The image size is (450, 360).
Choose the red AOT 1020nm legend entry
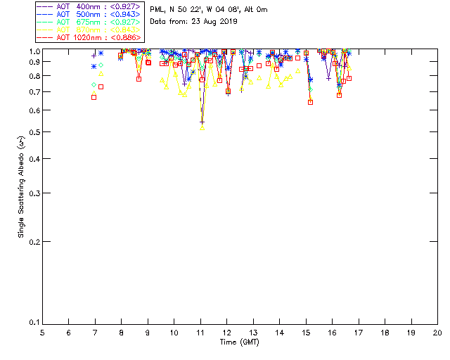click(x=87, y=37)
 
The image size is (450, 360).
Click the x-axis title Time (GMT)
click(x=240, y=342)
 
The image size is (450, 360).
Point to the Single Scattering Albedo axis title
click(x=21, y=186)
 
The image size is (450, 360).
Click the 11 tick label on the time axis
click(x=200, y=332)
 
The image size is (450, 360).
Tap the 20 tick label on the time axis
click(x=437, y=332)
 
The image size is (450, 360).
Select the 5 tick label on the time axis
click(x=42, y=332)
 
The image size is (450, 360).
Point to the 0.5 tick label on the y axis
click(x=33, y=132)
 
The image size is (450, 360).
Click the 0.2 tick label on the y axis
click(x=33, y=241)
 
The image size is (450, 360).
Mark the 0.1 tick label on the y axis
click(x=33, y=323)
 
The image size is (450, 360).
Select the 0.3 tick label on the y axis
click(x=33, y=193)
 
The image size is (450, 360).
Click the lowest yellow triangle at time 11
click(x=202, y=127)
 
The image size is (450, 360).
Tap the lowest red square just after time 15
click(x=310, y=103)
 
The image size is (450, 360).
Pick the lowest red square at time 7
click(x=94, y=97)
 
